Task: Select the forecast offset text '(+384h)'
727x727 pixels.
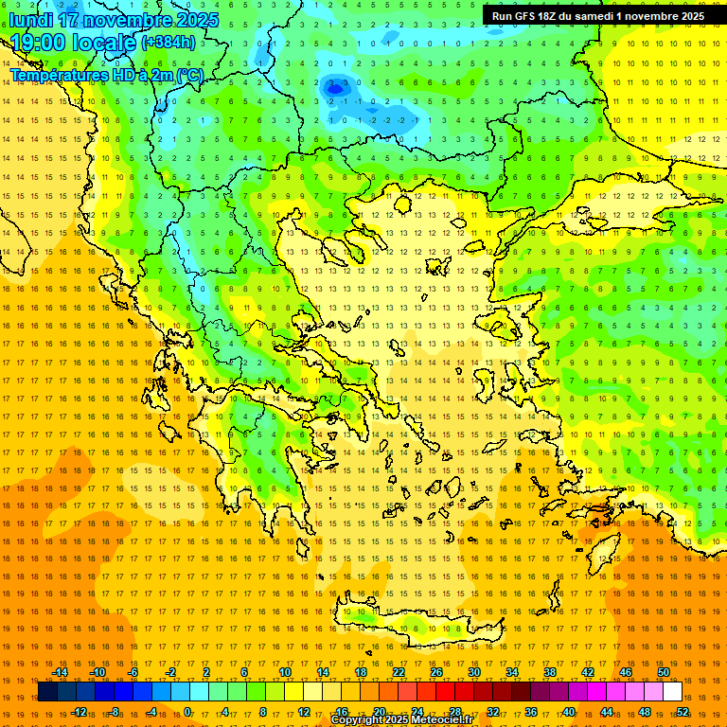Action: [168, 42]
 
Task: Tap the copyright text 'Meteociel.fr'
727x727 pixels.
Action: [441, 720]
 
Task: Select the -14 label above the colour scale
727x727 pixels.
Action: [60, 672]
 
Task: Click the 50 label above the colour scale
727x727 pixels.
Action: [664, 672]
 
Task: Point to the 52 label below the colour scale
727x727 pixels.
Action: [683, 712]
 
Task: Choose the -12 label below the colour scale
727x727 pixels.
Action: [79, 712]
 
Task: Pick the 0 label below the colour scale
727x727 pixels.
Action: [187, 712]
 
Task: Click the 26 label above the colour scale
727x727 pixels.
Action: [436, 672]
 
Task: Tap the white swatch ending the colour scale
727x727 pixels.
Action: [672, 692]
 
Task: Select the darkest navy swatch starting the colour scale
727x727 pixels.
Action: [47, 692]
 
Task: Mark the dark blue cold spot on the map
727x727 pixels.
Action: [333, 87]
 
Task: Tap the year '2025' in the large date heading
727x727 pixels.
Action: [196, 19]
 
